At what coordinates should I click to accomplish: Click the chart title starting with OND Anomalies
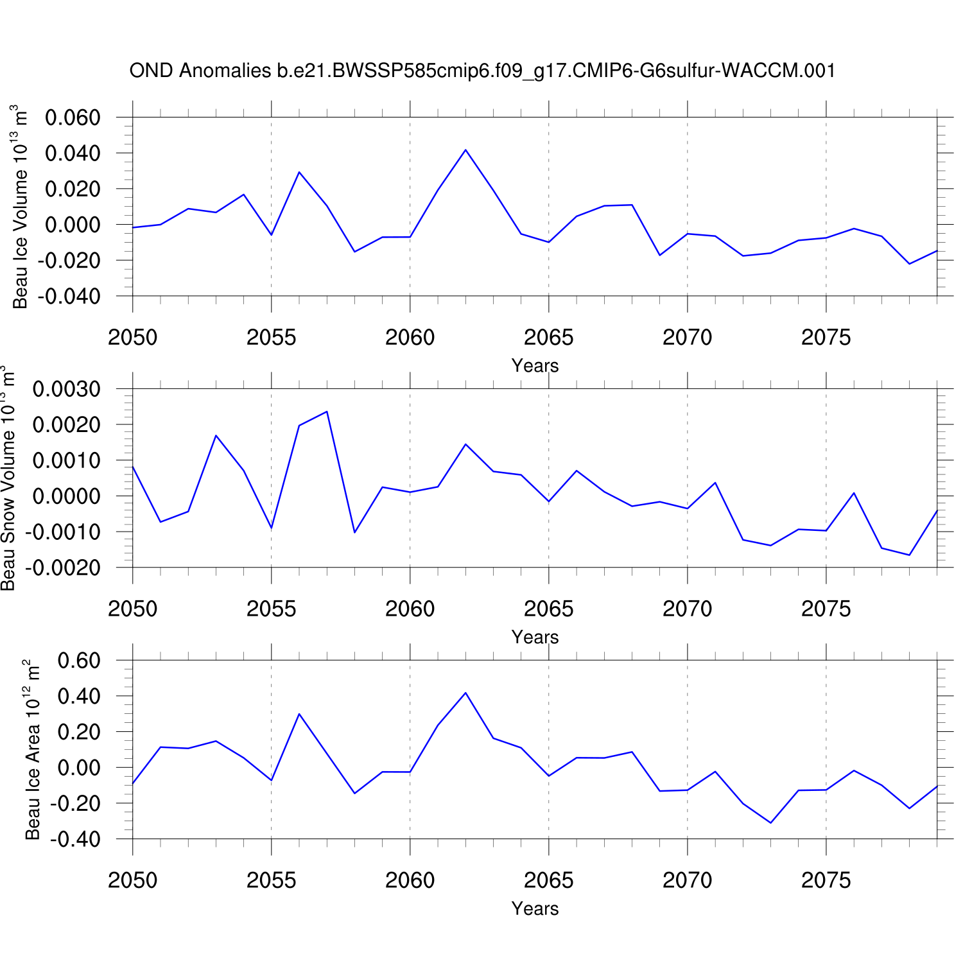coord(482,71)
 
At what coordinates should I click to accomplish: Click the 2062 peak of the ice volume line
coord(465,150)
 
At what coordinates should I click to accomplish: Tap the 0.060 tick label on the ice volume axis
coord(73,117)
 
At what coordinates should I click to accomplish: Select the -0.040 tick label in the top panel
coord(69,297)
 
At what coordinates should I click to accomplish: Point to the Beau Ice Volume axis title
coord(21,207)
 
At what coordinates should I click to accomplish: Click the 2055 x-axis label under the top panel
coord(271,337)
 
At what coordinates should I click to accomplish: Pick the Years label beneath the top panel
coord(535,366)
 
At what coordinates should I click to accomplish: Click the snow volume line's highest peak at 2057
coord(327,412)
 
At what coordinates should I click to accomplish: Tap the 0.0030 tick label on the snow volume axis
coord(67,389)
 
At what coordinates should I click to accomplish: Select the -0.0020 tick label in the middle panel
coord(63,568)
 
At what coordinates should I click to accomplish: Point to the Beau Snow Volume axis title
coord(8,478)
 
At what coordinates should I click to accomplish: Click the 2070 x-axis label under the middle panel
coord(687,609)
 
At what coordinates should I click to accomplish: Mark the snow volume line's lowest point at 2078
coord(909,555)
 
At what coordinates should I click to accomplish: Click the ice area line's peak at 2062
coord(465,693)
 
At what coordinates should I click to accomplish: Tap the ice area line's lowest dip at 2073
coord(770,822)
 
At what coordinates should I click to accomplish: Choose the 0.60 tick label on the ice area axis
coord(79,661)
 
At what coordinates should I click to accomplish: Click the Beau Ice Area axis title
coord(32,749)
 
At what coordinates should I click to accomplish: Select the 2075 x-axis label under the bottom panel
coord(826,880)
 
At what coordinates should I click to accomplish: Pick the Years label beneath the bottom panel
coord(535,909)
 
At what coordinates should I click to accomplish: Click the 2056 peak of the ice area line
coord(299,714)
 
